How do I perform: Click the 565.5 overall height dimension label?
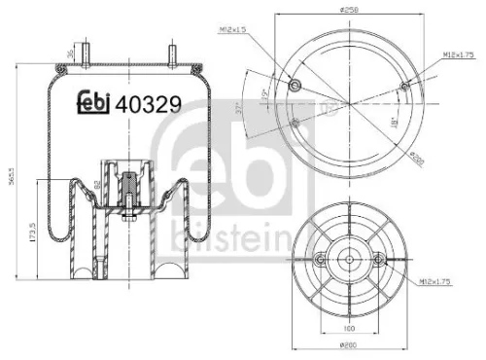coord(11,180)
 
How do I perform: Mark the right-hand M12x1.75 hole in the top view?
coord(402,88)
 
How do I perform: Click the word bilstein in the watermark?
coord(204,234)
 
